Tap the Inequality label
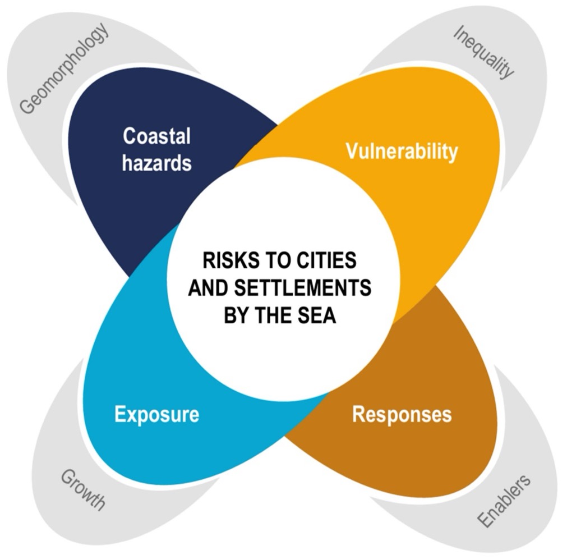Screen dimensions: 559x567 coord(483,52)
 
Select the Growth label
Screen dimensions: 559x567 coord(82,490)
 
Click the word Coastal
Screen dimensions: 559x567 coord(156,136)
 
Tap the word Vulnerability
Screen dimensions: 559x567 coord(401,151)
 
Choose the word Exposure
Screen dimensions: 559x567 coord(156,414)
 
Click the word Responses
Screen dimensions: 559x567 coord(402,414)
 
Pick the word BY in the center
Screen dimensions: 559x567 coord(236,315)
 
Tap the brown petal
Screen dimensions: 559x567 coord(426,365)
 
